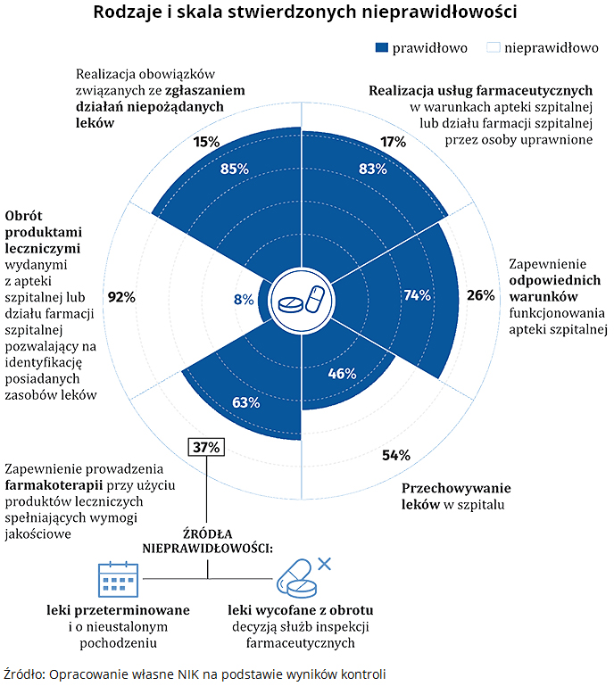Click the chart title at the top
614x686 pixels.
pyautogui.click(x=306, y=13)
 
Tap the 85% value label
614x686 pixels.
pyautogui.click(x=234, y=169)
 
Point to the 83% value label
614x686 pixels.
pyautogui.click(x=372, y=169)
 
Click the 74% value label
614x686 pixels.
pyautogui.click(x=417, y=296)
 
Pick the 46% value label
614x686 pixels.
pyautogui.click(x=343, y=373)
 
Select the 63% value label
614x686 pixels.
pyautogui.click(x=245, y=402)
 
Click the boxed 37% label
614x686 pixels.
pyautogui.click(x=205, y=447)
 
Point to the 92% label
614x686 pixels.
pyautogui.click(x=120, y=298)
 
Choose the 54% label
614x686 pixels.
pyautogui.click(x=395, y=456)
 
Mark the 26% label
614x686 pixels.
pyautogui.click(x=481, y=295)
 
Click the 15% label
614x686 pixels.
pyautogui.click(x=206, y=142)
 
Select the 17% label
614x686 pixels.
pyautogui.click(x=394, y=142)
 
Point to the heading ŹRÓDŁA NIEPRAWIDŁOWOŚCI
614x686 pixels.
pyautogui.click(x=208, y=541)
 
